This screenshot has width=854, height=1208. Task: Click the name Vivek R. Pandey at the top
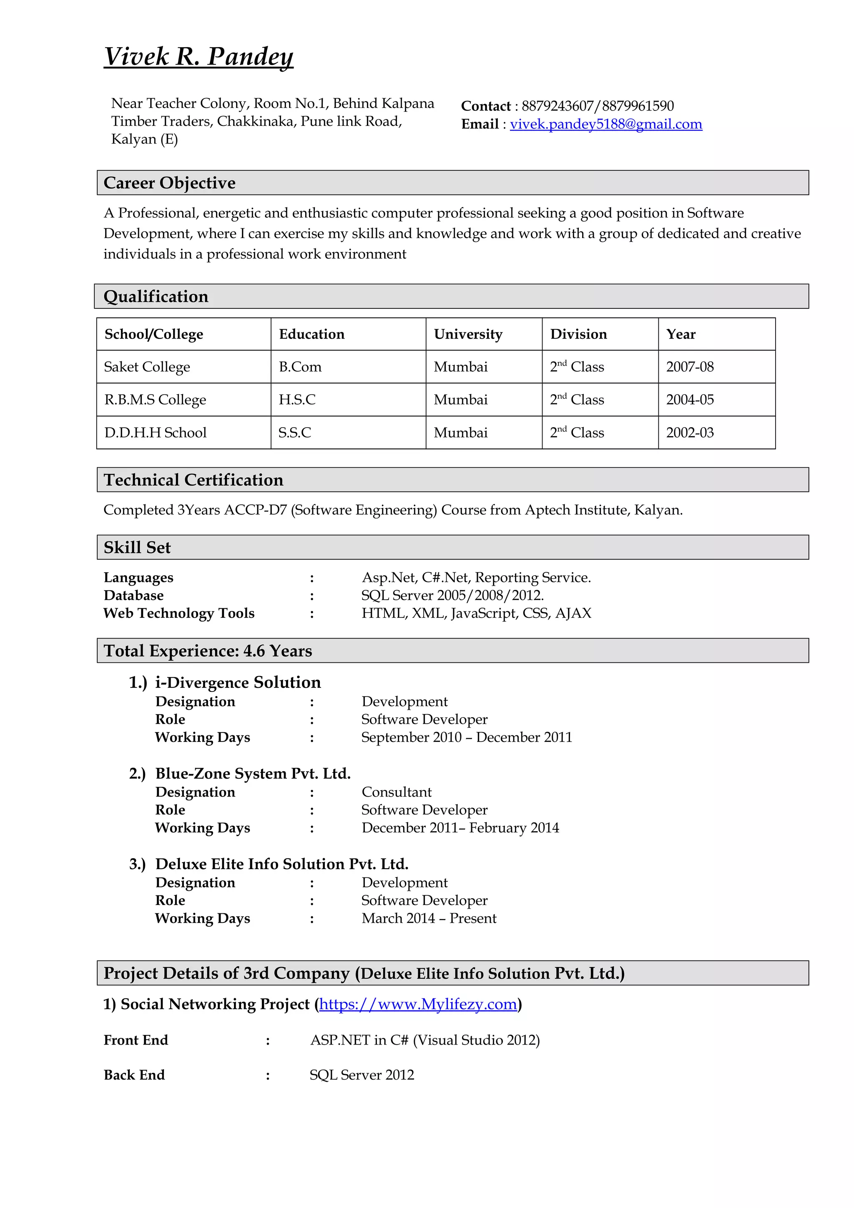(x=198, y=56)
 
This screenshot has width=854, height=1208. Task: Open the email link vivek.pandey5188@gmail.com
(x=605, y=124)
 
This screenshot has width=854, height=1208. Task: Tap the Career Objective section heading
(x=169, y=183)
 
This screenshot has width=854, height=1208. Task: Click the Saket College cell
(x=147, y=367)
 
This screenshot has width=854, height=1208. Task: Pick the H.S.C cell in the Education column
(x=297, y=399)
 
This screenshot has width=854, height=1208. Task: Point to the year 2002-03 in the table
(x=689, y=433)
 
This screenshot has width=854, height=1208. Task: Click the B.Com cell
(x=300, y=367)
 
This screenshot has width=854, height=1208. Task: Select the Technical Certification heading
(x=193, y=480)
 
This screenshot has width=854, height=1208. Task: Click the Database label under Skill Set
(x=134, y=595)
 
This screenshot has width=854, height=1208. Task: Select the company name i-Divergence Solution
(x=238, y=682)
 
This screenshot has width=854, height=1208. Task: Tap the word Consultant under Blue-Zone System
(x=396, y=792)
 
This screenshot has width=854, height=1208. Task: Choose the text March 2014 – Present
(x=429, y=918)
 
